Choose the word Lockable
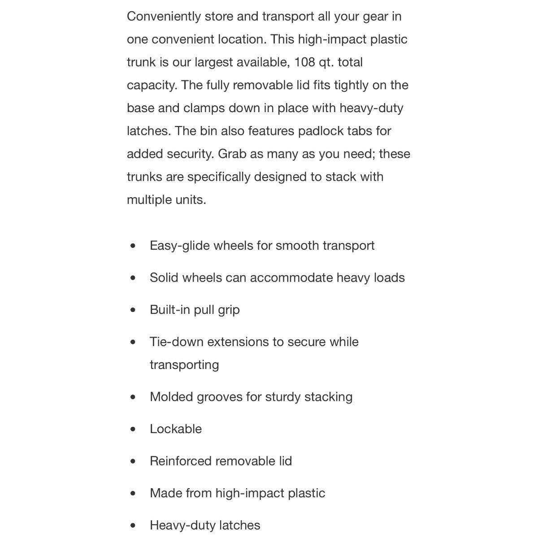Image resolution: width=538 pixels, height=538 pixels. (x=176, y=429)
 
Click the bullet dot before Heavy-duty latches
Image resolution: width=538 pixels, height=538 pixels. (x=133, y=525)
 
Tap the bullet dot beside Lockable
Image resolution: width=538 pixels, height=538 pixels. (x=133, y=429)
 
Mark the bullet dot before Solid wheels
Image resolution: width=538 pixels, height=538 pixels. (x=133, y=278)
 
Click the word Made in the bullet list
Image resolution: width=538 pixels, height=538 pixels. (x=165, y=493)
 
